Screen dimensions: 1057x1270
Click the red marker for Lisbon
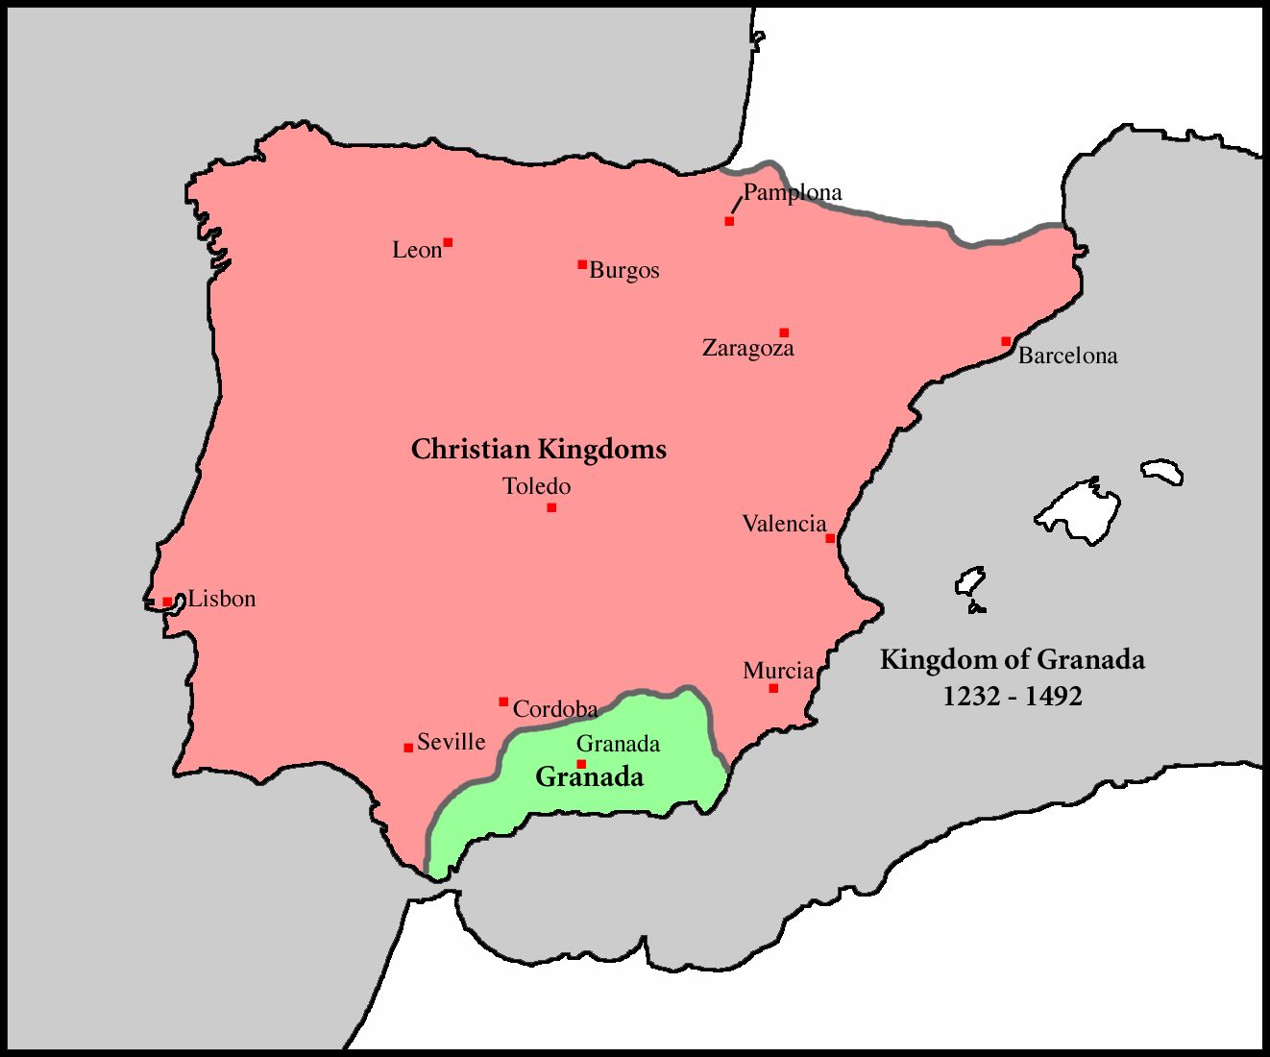coord(167,602)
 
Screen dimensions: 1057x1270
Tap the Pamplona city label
coord(793,192)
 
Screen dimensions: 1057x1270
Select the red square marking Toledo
coord(551,507)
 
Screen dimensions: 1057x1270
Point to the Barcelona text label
coord(1067,356)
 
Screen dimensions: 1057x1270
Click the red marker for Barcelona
coord(1006,341)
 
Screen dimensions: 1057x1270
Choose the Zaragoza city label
coord(748,348)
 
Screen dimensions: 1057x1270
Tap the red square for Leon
coord(448,242)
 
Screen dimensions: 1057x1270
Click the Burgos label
coord(624,270)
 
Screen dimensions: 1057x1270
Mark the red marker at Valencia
coord(830,538)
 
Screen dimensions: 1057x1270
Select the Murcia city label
coord(778,671)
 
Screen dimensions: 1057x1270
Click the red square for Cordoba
coord(503,701)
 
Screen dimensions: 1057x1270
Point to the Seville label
coord(451,742)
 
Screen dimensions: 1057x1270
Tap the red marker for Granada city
coord(581,764)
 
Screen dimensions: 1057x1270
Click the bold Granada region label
coord(589,776)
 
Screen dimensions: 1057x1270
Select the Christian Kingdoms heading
coord(538,449)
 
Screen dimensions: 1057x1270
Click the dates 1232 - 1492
coord(1013,696)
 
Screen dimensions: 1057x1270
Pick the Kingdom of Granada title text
coord(1013,660)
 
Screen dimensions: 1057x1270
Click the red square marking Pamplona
coord(729,221)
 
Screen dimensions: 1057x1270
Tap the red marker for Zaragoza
coord(784,332)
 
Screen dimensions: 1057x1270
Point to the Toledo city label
coord(536,486)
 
